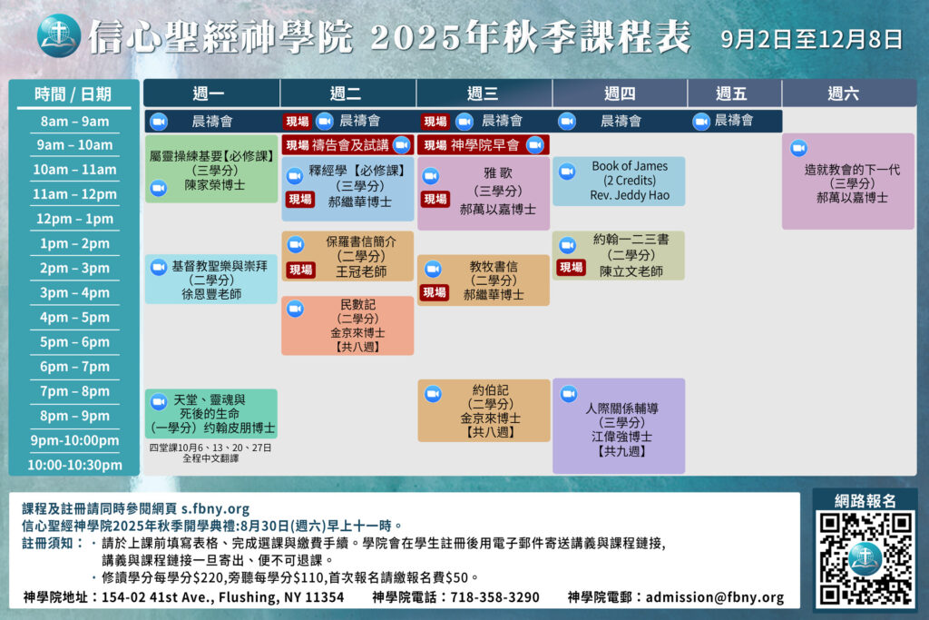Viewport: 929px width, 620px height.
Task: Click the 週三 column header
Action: [484, 93]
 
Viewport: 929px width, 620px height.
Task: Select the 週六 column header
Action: [843, 93]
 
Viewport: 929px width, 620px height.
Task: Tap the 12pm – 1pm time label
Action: [74, 219]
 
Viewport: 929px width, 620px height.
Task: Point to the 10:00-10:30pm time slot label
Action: [74, 465]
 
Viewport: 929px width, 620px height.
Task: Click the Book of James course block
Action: [619, 181]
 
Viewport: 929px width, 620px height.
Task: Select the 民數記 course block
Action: [347, 325]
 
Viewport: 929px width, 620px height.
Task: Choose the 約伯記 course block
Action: [484, 410]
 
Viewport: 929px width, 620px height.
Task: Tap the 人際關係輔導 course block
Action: [619, 426]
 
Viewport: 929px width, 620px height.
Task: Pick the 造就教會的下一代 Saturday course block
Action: [848, 182]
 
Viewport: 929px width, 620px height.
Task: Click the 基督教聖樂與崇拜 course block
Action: [210, 280]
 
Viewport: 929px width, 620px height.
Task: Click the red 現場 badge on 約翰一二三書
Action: [572, 267]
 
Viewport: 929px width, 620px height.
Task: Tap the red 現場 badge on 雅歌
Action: [435, 199]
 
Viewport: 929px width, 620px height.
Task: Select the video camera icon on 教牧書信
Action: [433, 269]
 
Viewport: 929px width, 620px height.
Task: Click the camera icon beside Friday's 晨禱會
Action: [701, 122]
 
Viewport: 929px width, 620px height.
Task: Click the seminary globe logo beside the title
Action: [59, 36]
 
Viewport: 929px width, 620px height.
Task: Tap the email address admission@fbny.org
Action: [715, 597]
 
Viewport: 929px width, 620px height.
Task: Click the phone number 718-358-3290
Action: [494, 597]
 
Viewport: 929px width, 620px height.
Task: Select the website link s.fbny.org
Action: [215, 508]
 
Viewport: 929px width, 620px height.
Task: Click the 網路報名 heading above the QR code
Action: [865, 501]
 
